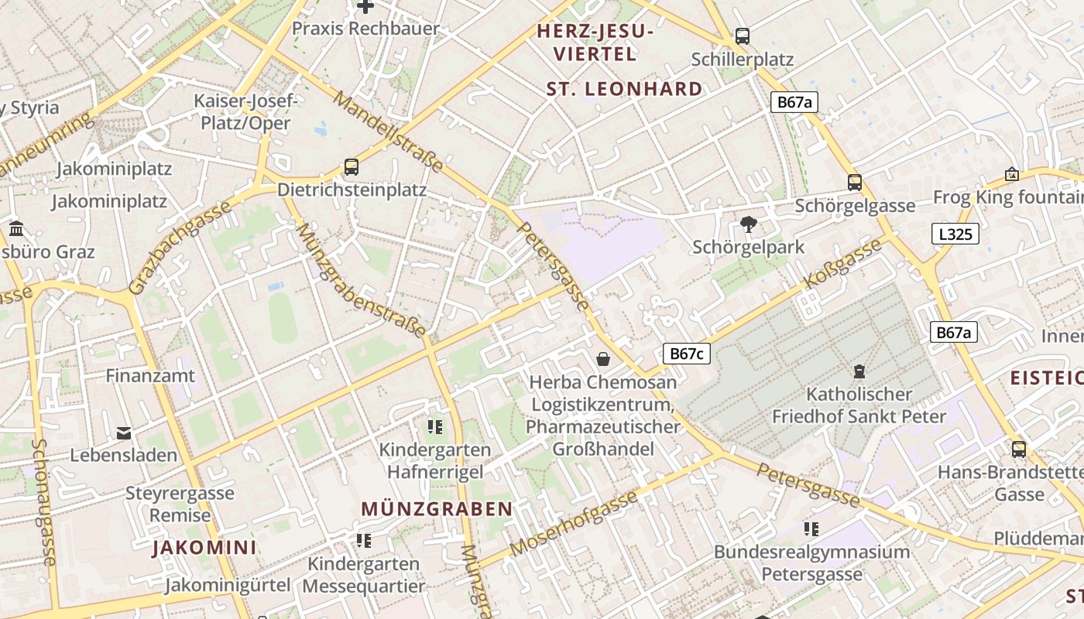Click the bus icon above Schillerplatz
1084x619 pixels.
coord(742,36)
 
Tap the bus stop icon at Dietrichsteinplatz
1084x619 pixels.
coord(351,166)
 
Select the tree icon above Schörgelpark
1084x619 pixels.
coord(748,224)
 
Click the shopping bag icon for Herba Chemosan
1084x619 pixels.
coord(603,359)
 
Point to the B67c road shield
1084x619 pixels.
coord(686,354)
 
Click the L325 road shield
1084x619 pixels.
coord(954,234)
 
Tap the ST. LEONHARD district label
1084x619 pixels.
coord(624,89)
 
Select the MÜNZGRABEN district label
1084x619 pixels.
coord(437,509)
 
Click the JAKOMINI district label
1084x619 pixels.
coord(204,548)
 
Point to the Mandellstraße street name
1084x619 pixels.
coord(389,132)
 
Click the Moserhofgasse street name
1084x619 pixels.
coord(575,523)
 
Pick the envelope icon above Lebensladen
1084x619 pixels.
coord(124,433)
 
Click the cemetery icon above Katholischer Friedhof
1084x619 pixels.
coord(859,372)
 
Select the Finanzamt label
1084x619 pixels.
coord(150,376)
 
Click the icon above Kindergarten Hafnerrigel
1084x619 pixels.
coord(434,426)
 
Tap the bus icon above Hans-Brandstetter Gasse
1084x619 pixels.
coord(1018,449)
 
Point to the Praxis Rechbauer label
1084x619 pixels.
coord(365,29)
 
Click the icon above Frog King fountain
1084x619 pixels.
coord(1011,174)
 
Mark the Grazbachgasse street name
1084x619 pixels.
coord(180,247)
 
